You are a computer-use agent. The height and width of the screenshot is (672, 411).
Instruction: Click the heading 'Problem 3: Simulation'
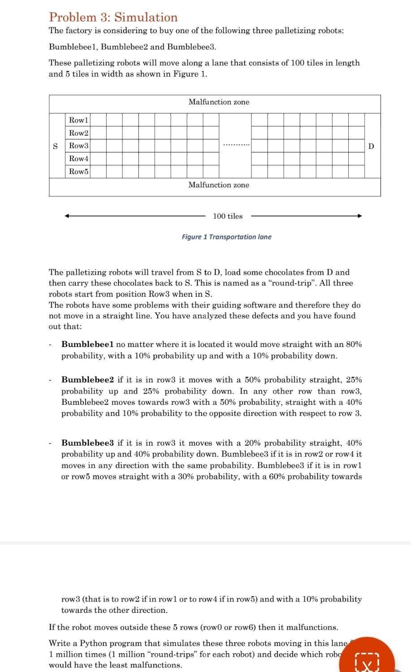[113, 17]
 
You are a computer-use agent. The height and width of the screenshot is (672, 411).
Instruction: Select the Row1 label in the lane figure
[78, 120]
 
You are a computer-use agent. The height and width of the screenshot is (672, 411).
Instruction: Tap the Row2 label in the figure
[78, 133]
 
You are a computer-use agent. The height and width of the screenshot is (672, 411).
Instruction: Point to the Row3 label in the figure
[78, 146]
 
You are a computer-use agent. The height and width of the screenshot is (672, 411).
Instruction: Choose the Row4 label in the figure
[78, 159]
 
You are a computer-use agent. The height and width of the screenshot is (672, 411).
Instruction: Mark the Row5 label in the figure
[78, 172]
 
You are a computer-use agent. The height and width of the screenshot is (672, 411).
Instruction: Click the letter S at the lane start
[56, 146]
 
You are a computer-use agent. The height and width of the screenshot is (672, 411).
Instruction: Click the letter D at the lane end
[371, 146]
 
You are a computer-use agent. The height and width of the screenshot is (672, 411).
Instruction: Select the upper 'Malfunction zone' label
[219, 102]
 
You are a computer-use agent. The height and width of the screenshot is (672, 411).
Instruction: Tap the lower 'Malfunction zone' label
[219, 185]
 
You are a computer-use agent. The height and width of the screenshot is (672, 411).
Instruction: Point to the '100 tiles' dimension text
[228, 216]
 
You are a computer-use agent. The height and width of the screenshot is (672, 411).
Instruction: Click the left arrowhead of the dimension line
[67, 216]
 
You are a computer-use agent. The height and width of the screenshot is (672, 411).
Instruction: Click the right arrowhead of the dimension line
[359, 216]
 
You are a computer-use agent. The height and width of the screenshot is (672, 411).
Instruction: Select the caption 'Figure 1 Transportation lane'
[226, 237]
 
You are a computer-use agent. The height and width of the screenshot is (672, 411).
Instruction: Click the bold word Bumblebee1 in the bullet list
[87, 344]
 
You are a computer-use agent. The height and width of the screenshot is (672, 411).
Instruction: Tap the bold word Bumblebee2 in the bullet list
[87, 380]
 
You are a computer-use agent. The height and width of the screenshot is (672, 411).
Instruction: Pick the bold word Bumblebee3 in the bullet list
[87, 443]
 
